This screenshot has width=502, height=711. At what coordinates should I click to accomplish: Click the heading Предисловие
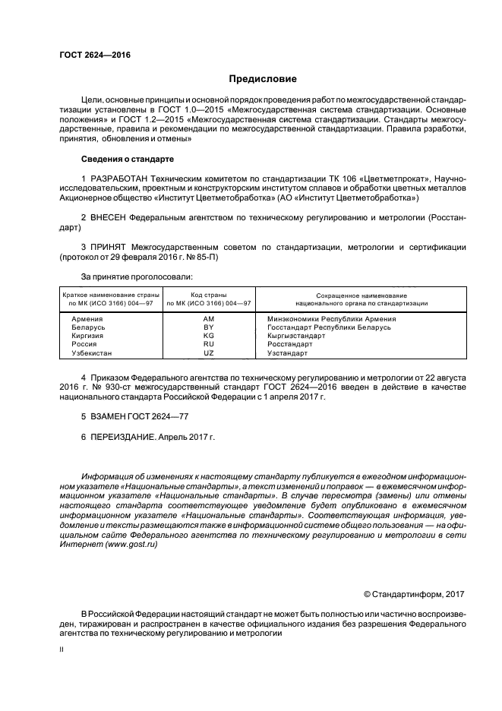point(263,79)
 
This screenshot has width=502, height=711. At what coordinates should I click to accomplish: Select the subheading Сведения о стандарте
point(127,159)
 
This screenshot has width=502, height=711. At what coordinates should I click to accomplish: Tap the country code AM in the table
point(209,319)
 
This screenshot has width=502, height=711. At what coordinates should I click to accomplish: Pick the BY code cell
point(209,327)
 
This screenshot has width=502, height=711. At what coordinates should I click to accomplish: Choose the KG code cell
point(209,336)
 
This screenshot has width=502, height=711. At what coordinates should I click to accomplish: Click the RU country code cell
point(209,344)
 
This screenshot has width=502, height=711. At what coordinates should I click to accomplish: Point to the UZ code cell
point(209,353)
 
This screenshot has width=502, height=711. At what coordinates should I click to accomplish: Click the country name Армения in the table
point(87,319)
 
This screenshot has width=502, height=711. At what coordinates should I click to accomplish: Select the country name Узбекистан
point(91,353)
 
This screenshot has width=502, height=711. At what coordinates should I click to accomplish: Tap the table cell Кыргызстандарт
point(296,336)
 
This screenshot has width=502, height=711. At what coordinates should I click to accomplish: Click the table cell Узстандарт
point(287,353)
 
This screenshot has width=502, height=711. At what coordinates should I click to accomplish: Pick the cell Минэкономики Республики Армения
point(331,319)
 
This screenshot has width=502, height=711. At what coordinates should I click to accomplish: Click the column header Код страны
point(209,295)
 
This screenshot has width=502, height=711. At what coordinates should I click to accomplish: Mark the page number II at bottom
point(62,651)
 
